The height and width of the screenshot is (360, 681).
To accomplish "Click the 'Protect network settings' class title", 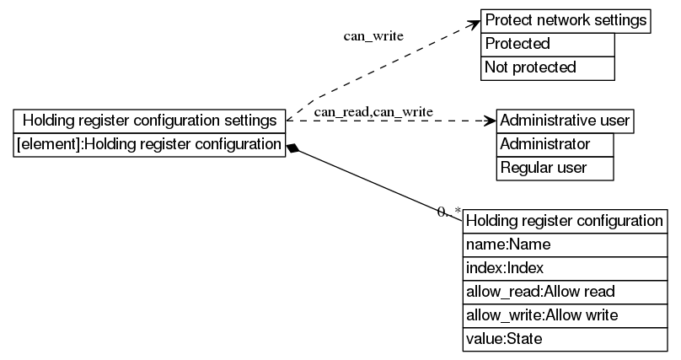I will (x=566, y=20).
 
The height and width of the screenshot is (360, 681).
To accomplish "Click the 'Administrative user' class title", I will (x=565, y=121).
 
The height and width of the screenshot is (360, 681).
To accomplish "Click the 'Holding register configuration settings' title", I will (x=149, y=121).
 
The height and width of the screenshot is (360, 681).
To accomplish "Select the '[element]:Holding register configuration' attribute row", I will (x=149, y=144).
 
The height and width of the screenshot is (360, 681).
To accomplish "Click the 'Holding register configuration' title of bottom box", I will (x=565, y=221).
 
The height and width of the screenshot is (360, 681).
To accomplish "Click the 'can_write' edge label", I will (x=373, y=36).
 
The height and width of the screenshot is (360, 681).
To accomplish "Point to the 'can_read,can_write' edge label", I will (x=373, y=111).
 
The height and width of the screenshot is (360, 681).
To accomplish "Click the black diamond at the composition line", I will (x=293, y=148).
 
